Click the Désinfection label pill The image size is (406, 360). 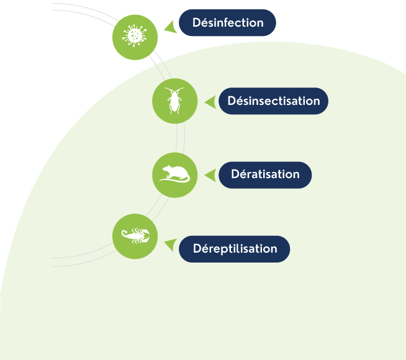227,23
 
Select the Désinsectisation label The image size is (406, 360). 273,101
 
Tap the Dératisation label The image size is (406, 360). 265,174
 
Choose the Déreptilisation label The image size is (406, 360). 235,249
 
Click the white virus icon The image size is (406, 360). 134,35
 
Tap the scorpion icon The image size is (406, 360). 135,235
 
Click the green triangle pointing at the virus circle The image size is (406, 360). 168,26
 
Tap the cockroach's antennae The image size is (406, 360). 174,91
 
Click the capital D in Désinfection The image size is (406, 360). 196,23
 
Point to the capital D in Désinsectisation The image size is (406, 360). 232,101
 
